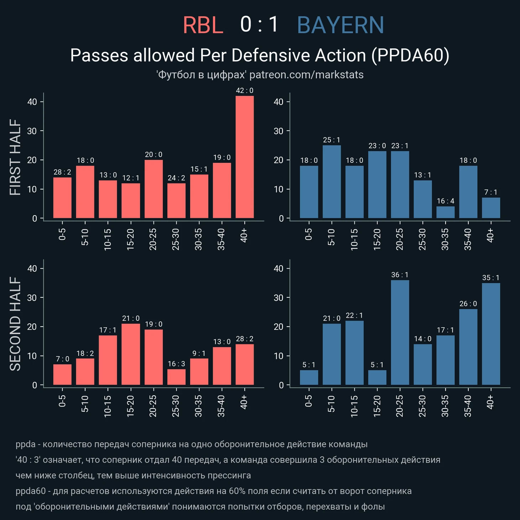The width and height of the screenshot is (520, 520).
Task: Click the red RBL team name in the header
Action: click(x=203, y=25)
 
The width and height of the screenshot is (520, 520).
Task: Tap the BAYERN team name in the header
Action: click(x=340, y=25)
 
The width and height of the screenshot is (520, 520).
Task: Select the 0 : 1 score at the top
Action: click(x=259, y=25)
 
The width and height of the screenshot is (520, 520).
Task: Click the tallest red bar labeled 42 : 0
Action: click(x=245, y=157)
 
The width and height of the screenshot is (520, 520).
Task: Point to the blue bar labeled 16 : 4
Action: click(x=446, y=212)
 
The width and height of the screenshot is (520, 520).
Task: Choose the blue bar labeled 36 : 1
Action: click(x=400, y=332)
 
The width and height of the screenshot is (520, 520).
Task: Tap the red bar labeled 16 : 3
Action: click(x=176, y=377)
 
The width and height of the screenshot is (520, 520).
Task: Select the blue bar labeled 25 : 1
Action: click(x=332, y=182)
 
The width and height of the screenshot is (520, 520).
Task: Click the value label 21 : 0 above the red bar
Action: click(x=131, y=318)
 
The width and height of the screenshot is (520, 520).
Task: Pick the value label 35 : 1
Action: click(x=491, y=278)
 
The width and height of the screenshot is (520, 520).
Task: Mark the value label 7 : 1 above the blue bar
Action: click(x=491, y=192)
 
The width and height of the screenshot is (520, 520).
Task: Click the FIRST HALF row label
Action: click(x=15, y=157)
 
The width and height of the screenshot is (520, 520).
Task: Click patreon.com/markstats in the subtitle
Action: click(x=306, y=75)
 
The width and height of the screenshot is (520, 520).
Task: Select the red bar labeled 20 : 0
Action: click(x=154, y=189)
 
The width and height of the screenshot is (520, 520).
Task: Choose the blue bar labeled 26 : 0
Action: click(x=468, y=347)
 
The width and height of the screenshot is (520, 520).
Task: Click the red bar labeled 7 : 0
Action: click(x=62, y=374)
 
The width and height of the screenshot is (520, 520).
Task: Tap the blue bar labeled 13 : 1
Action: click(x=423, y=199)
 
